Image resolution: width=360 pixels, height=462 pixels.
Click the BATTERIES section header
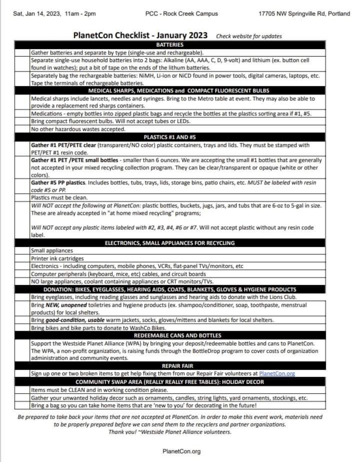pyautogui.click(x=170, y=45)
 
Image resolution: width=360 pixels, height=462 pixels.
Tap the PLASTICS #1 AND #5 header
pyautogui.click(x=170, y=137)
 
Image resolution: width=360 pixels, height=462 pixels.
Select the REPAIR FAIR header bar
pyautogui.click(x=177, y=366)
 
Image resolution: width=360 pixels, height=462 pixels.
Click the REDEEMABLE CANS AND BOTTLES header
pyautogui.click(x=177, y=335)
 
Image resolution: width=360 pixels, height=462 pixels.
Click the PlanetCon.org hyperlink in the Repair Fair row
pyautogui.click(x=277, y=373)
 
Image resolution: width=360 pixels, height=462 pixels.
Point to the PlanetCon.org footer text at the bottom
pyautogui.click(x=181, y=451)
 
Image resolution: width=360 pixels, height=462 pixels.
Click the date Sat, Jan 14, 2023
pyautogui.click(x=37, y=14)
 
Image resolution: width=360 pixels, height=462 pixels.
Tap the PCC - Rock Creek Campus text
pyautogui.click(x=181, y=14)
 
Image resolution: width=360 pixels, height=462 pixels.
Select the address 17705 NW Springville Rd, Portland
pyautogui.click(x=304, y=14)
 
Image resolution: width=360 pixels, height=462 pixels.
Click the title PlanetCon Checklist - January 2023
pyautogui.click(x=140, y=35)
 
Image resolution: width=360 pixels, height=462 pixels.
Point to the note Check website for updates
pyautogui.click(x=249, y=36)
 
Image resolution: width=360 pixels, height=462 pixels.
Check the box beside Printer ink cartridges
pyautogui.click(x=22, y=258)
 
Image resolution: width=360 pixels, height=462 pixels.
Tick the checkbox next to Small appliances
pyautogui.click(x=22, y=250)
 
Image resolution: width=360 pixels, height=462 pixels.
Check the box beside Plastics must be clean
pyautogui.click(x=22, y=198)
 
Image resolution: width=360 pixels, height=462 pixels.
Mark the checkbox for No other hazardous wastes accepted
pyautogui.click(x=22, y=129)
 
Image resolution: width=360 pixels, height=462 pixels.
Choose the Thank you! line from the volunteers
pyautogui.click(x=170, y=432)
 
